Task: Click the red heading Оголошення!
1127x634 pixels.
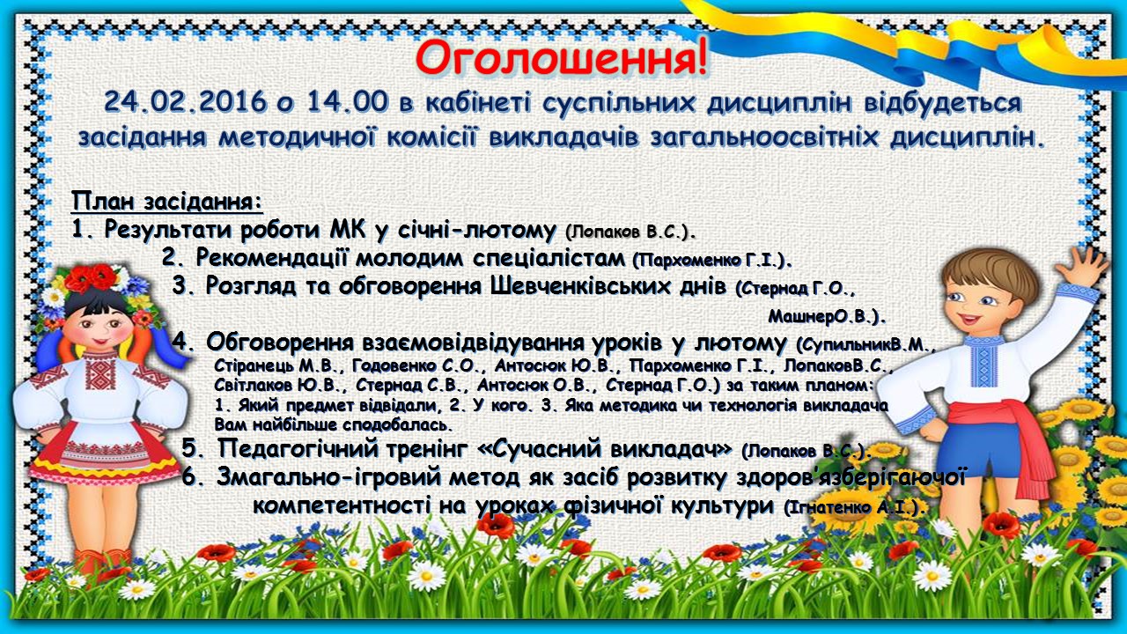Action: [562, 60]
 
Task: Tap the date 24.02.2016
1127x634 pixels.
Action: [185, 101]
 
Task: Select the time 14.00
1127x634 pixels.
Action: [348, 101]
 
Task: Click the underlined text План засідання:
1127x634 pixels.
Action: [167, 202]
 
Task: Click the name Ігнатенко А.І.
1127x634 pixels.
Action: [854, 507]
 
